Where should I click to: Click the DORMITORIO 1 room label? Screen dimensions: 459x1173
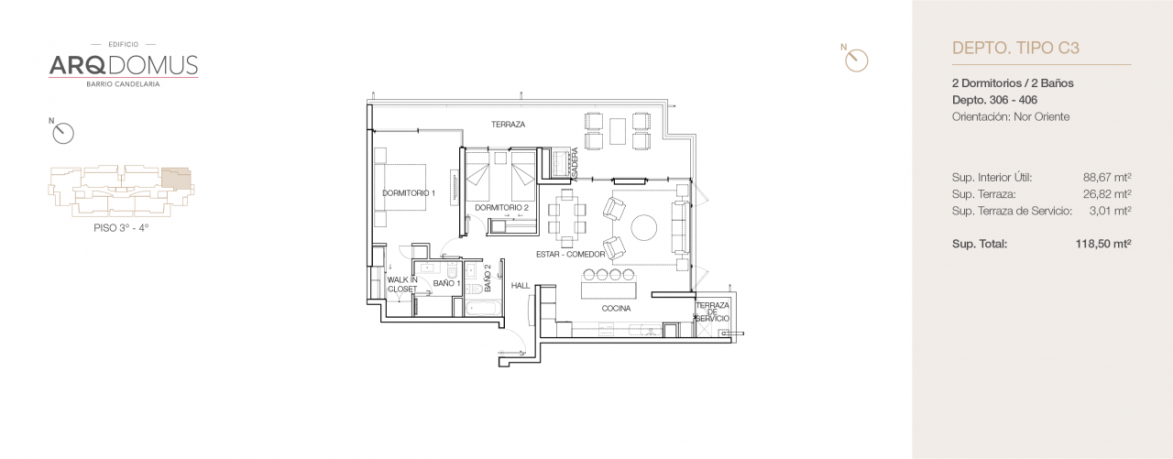pyautogui.click(x=409, y=193)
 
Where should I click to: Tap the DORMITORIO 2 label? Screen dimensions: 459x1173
pyautogui.click(x=500, y=208)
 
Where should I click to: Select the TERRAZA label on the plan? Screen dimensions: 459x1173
pyautogui.click(x=508, y=125)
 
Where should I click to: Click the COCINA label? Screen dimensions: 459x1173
pyautogui.click(x=616, y=309)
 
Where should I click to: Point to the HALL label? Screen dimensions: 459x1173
pyautogui.click(x=521, y=285)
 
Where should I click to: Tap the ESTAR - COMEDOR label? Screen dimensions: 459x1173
pyautogui.click(x=570, y=255)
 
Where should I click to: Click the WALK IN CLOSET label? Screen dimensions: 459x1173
pyautogui.click(x=401, y=284)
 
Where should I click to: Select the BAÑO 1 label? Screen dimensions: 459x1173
pyautogui.click(x=446, y=284)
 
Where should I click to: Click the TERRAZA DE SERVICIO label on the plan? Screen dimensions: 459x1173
pyautogui.click(x=711, y=311)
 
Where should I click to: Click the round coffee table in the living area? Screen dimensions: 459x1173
pyautogui.click(x=643, y=226)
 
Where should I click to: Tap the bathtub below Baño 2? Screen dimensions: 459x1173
pyautogui.click(x=483, y=306)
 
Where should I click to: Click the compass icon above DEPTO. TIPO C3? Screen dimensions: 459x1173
pyautogui.click(x=855, y=59)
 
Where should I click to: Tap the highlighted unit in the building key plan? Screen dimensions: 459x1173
pyautogui.click(x=177, y=179)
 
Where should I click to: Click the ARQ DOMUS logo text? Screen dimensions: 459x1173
pyautogui.click(x=123, y=65)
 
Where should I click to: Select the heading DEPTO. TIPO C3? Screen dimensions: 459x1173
pyautogui.click(x=1016, y=49)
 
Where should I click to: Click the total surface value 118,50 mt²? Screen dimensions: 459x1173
pyautogui.click(x=1103, y=245)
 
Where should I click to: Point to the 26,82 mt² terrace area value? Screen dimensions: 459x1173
pyautogui.click(x=1107, y=194)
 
